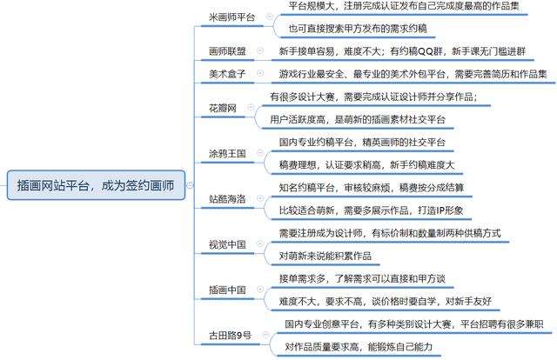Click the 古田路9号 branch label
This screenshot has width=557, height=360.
click(x=231, y=335)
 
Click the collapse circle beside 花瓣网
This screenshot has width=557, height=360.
click(x=251, y=108)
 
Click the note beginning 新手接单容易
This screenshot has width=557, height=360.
click(x=401, y=51)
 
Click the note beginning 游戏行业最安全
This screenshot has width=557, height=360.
click(x=413, y=74)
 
